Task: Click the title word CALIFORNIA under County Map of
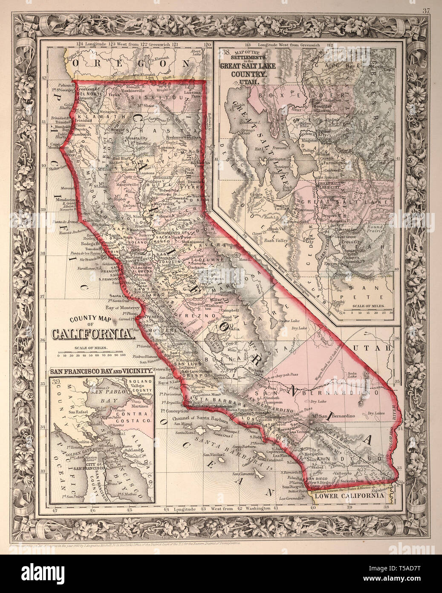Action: pos(91,334)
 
